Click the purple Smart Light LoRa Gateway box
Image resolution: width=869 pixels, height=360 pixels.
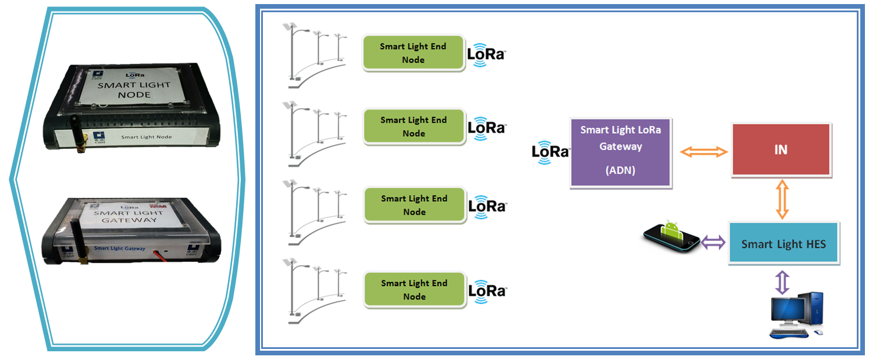click(621, 153)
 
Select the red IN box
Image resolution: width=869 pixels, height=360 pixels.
click(781, 149)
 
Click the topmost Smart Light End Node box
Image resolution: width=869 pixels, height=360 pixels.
click(413, 53)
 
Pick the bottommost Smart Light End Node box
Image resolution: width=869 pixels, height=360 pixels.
click(414, 290)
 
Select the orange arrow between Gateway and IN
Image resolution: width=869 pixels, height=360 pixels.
click(704, 152)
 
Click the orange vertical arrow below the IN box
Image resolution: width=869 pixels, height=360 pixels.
click(782, 199)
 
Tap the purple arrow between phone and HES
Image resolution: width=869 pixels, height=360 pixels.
click(713, 242)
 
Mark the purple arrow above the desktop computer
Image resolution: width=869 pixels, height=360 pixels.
click(782, 281)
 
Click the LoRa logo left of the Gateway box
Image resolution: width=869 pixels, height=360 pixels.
click(550, 152)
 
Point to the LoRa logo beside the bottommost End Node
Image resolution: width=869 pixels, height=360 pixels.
click(487, 290)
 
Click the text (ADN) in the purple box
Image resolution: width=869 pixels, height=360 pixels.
click(620, 171)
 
